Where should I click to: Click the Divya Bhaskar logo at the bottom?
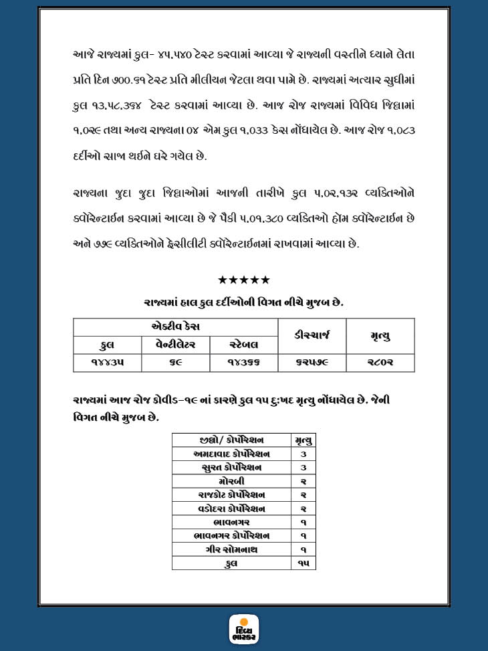244,630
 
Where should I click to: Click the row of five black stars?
244,280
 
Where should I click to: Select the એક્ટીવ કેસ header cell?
176,327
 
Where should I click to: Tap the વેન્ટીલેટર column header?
176,345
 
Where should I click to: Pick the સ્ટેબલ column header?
244,345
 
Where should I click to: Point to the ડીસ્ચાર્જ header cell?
312,335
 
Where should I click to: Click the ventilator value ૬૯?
176,362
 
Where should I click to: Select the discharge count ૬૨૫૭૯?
312,362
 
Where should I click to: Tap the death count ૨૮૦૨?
380,362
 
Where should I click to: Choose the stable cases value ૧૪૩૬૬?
244,362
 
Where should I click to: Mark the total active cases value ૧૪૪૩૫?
107,362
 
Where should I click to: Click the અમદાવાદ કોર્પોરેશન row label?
232,454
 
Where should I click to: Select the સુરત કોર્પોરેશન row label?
232,467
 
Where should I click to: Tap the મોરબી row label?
232,481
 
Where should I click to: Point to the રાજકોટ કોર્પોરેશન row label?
232,494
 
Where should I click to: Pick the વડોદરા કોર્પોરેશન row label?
232,508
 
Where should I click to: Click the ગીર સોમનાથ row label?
232,549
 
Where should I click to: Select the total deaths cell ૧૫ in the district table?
303,563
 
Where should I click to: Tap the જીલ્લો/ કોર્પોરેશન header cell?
232,440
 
